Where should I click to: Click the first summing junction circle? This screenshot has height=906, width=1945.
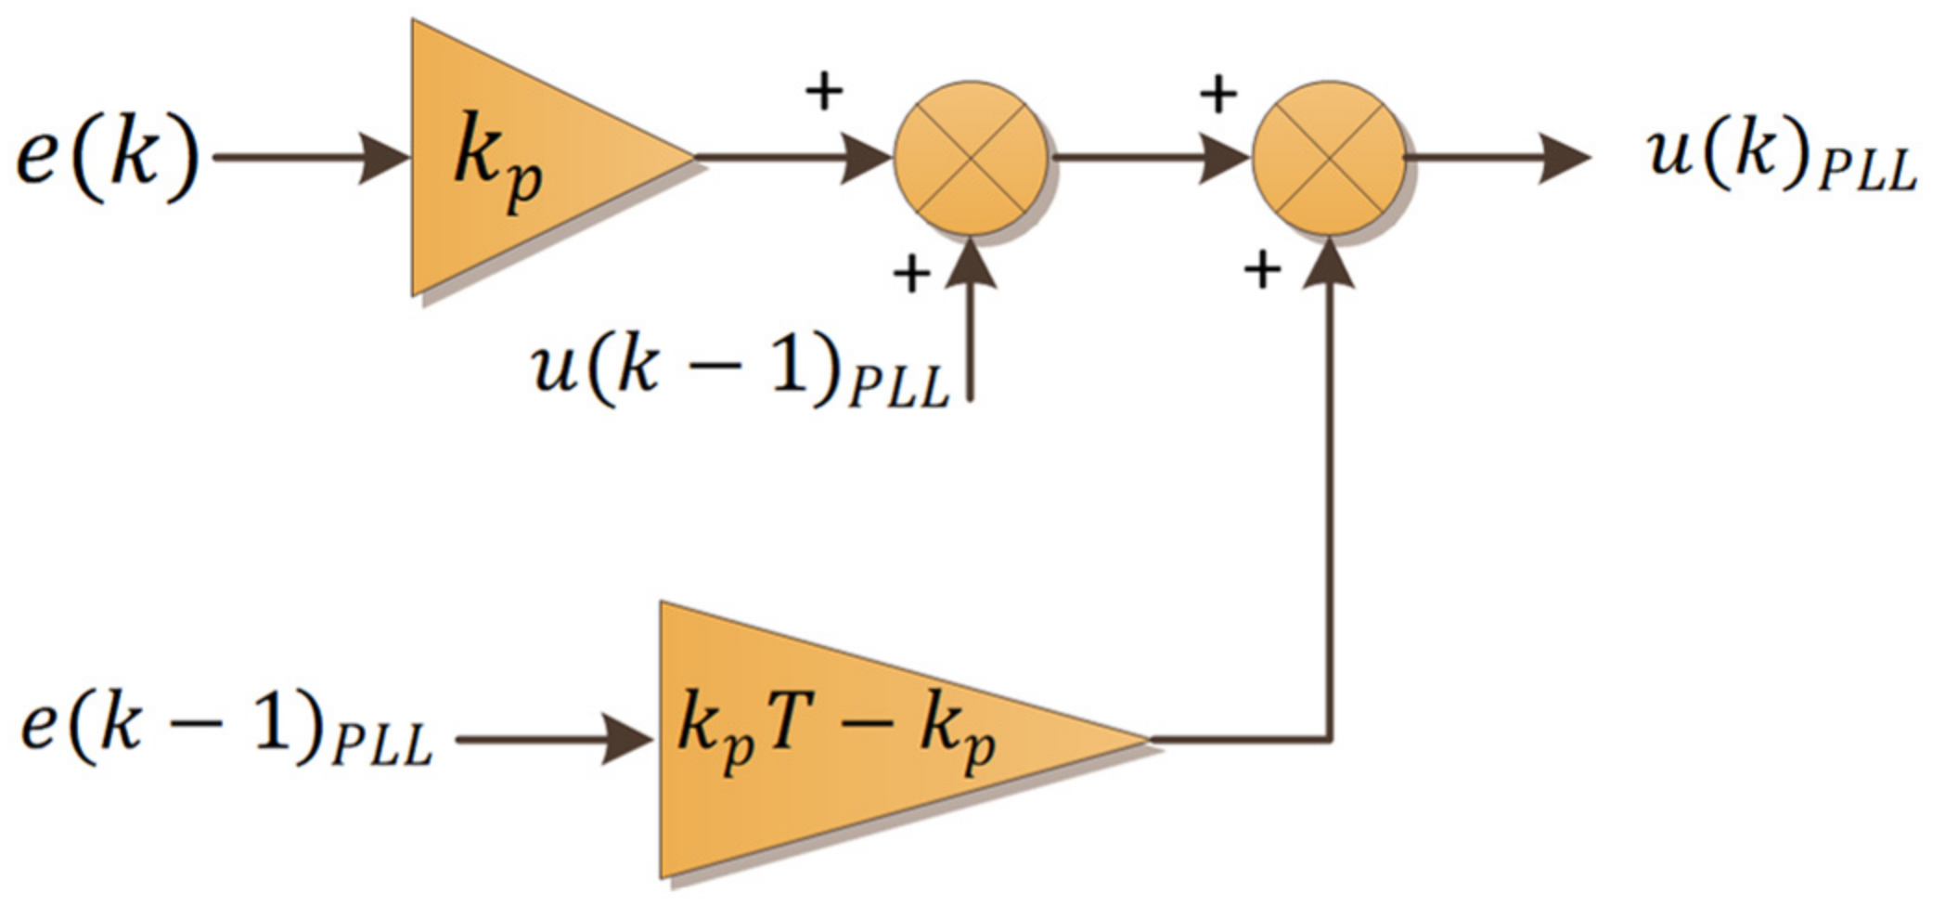[971, 158]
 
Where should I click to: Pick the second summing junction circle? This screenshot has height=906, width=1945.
[1329, 158]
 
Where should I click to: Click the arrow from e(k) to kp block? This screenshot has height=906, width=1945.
[311, 157]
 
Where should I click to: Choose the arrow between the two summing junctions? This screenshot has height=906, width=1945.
[1151, 157]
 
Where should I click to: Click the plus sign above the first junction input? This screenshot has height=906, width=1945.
[824, 92]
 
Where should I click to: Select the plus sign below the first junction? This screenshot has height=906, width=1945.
[911, 274]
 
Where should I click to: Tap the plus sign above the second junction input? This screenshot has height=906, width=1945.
[1218, 94]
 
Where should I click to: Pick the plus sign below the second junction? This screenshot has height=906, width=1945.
[1262, 270]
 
